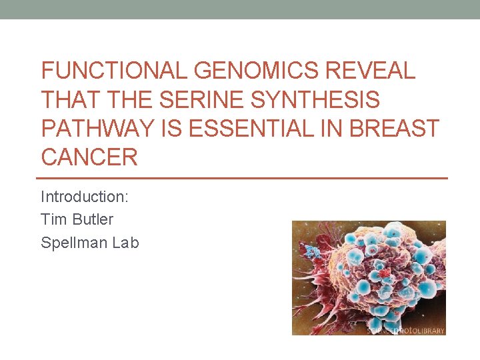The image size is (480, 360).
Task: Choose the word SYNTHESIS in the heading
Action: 315,100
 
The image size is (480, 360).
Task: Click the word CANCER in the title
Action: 89,157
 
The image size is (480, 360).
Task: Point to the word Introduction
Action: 85,197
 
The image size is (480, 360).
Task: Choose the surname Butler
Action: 92,219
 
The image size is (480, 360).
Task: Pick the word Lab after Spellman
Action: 125,243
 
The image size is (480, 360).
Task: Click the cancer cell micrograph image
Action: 369,277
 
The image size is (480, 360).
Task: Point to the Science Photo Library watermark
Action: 407,329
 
